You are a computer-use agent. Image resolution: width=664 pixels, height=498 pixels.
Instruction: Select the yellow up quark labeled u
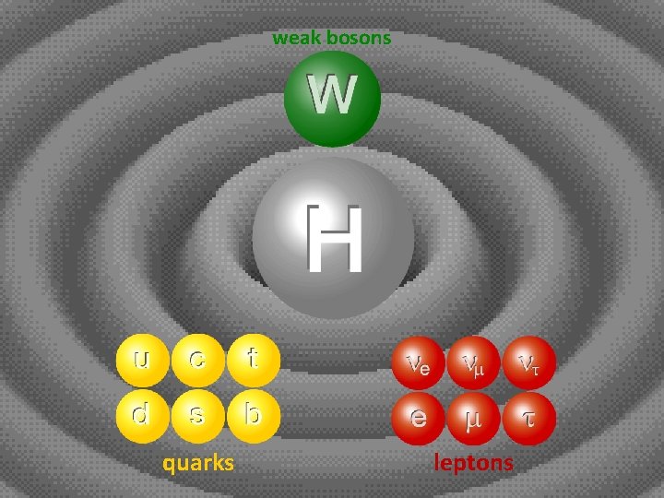pos(141,361)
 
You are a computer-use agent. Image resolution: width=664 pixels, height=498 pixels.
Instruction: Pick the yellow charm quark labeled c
pos(196,361)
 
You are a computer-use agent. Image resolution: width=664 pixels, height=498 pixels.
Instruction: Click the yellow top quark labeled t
pos(251,361)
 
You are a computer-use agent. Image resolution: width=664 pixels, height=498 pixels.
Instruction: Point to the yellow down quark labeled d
pos(141,415)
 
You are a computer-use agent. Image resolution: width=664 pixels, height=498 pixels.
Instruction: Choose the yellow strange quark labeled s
pos(196,415)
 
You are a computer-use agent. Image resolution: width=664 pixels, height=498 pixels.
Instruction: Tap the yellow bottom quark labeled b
pos(251,415)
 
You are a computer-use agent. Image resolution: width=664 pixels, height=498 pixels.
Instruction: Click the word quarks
pos(198,462)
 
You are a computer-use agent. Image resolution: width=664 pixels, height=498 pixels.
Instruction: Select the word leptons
pos(473,462)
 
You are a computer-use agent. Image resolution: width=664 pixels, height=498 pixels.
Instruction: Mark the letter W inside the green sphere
pos(332,94)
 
